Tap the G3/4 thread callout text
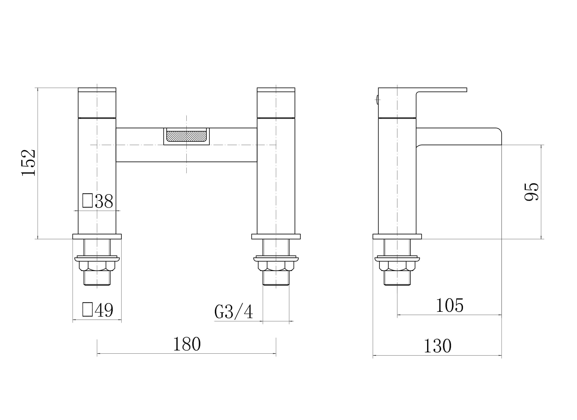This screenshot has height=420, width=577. point(234,311)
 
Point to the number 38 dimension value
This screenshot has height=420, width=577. point(104,201)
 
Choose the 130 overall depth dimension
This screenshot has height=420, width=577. point(437,346)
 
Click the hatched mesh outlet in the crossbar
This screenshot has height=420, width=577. point(186,136)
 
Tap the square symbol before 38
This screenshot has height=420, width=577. point(88,200)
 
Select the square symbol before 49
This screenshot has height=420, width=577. point(88,309)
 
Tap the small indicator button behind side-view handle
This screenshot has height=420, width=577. point(377,100)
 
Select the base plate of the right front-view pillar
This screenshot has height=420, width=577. point(276,237)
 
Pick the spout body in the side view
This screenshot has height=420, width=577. point(458,136)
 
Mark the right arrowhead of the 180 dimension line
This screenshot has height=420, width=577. point(274,353)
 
